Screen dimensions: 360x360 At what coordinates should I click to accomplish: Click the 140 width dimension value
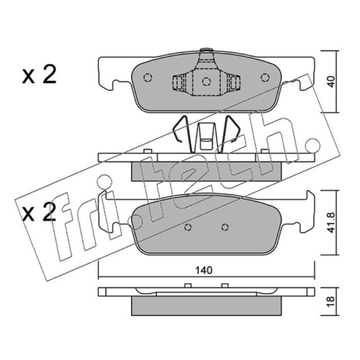click(x=204, y=270)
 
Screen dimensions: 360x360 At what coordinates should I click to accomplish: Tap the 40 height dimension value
click(x=331, y=81)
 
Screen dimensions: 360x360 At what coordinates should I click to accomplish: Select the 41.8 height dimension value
click(x=331, y=223)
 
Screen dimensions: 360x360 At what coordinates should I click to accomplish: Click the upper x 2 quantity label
click(x=39, y=75)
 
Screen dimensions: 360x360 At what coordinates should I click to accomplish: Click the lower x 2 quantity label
click(x=39, y=212)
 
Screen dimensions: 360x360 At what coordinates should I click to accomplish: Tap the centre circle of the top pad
click(x=206, y=81)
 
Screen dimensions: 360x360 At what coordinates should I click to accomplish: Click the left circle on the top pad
click(x=148, y=77)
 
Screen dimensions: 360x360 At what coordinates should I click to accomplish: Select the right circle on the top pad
click(x=265, y=77)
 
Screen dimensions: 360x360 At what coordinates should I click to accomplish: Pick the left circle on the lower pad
click(x=188, y=227)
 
